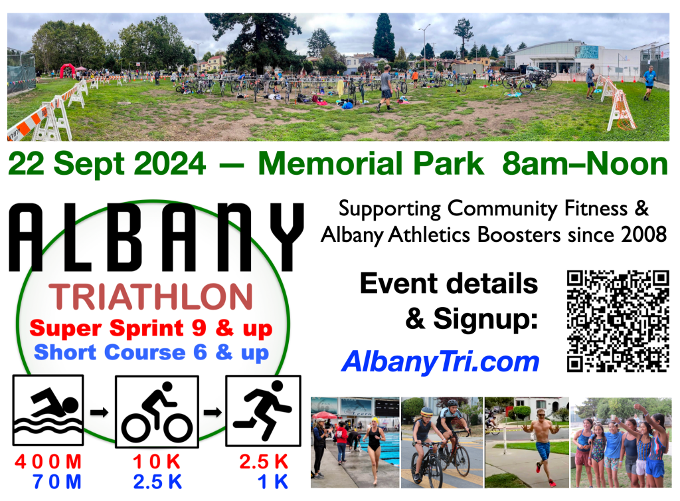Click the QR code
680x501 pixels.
tap(618, 322)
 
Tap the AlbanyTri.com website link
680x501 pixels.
tap(440, 362)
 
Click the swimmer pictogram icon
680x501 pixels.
tap(48, 410)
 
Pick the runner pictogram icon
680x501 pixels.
tap(263, 411)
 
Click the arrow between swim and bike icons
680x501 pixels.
tap(100, 412)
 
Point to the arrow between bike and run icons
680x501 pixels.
tap(212, 412)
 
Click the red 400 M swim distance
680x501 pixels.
tap(48, 462)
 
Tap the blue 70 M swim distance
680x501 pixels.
tap(57, 482)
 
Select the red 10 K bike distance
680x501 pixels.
tap(157, 462)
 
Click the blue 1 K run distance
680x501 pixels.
tap(273, 482)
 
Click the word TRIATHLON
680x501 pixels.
tap(151, 297)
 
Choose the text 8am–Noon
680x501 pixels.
tap(585, 164)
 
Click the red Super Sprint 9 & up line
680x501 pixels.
tap(151, 328)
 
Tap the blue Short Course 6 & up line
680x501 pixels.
tap(151, 353)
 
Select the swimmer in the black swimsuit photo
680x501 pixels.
tap(373, 449)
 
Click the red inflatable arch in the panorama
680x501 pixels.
tap(67, 70)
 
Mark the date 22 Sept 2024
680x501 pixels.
tap(107, 164)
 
